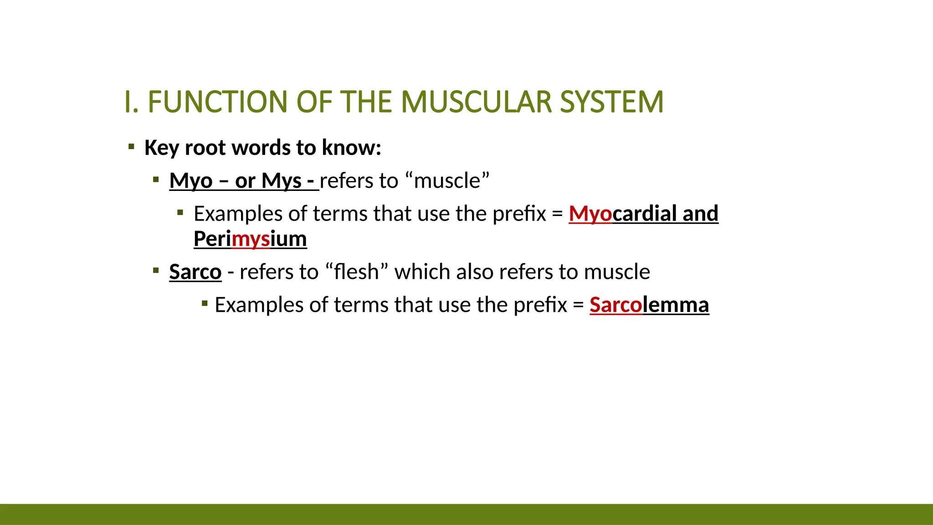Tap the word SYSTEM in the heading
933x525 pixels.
(x=611, y=102)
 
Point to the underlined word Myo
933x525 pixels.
(x=191, y=181)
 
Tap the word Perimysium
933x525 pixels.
(x=250, y=239)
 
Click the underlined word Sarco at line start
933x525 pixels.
(x=195, y=272)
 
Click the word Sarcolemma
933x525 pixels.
(x=649, y=305)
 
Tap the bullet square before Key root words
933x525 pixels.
(x=131, y=147)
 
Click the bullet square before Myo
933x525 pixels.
(x=156, y=180)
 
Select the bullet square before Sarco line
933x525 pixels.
(x=156, y=271)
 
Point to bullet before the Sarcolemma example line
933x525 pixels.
(x=205, y=303)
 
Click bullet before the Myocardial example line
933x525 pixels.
(x=180, y=212)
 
